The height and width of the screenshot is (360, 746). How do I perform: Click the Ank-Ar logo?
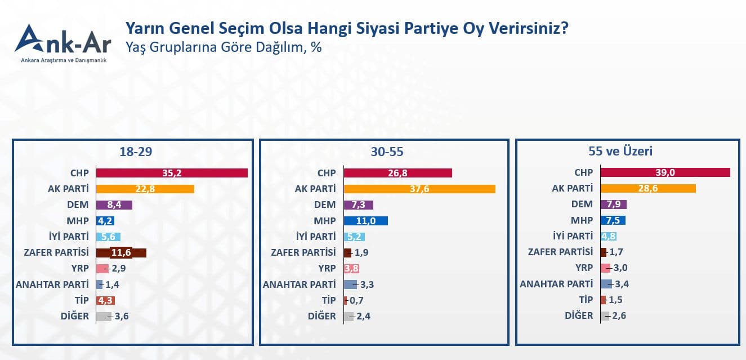(x=62, y=42)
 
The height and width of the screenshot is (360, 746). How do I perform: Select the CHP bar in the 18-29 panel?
(x=172, y=173)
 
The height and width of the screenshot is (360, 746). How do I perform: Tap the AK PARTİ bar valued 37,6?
(x=419, y=189)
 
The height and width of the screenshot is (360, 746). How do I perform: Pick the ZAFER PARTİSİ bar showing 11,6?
(x=121, y=252)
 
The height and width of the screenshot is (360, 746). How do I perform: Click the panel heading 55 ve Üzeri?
(x=628, y=151)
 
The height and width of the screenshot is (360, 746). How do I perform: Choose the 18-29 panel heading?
(x=136, y=152)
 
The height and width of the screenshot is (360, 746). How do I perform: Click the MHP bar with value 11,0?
(x=365, y=220)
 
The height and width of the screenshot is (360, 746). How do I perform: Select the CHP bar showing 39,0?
(x=665, y=172)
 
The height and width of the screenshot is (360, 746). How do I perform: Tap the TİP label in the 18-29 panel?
(x=81, y=300)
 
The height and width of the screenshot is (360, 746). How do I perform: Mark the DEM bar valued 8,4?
(x=114, y=205)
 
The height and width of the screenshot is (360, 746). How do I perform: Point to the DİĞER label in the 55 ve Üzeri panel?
(x=579, y=315)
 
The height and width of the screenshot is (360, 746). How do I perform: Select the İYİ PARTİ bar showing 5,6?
(x=108, y=237)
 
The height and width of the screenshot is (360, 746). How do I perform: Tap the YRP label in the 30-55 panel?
(x=327, y=268)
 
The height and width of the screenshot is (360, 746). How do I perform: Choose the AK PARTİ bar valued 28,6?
(x=648, y=188)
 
